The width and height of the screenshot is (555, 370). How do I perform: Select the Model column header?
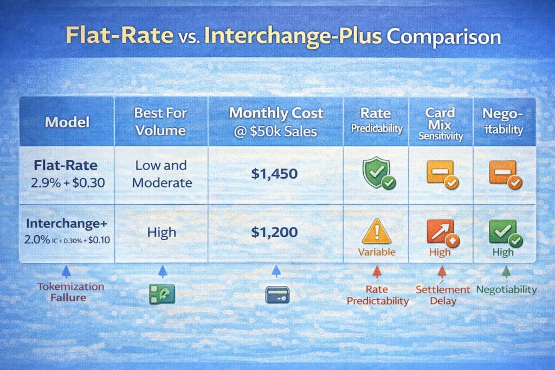point(66,122)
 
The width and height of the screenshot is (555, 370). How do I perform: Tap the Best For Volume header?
point(161,122)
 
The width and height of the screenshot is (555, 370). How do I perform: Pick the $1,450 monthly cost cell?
point(275,174)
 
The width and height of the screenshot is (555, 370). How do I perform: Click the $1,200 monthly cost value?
point(275,232)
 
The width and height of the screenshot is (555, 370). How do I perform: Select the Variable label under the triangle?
point(376,252)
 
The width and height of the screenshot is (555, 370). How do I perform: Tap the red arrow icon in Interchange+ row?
point(440,231)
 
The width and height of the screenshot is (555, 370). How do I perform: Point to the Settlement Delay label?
point(443,295)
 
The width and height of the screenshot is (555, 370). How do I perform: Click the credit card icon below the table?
point(277,294)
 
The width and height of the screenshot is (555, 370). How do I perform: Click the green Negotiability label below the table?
point(506,289)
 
